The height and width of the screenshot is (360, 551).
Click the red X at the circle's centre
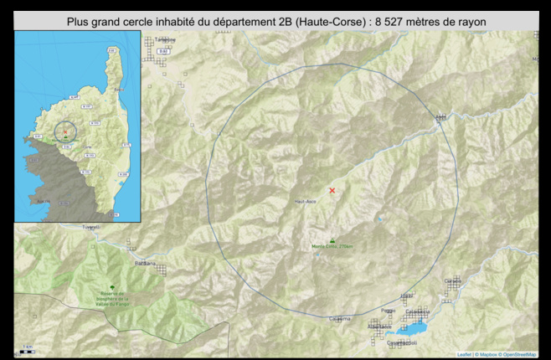[x=332, y=191]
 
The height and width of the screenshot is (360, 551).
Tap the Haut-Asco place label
[x=304, y=202]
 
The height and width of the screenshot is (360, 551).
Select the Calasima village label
[x=340, y=319]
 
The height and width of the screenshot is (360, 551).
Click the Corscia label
[x=453, y=280]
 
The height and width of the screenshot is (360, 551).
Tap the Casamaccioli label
[x=401, y=342]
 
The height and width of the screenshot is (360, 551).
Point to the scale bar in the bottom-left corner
[x=27, y=351]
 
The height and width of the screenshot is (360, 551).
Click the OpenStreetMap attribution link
[x=520, y=355]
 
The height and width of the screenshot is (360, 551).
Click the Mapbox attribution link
[x=487, y=355]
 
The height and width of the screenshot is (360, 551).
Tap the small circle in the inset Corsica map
[x=65, y=131]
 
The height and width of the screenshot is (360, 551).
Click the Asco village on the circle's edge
[x=440, y=117]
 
